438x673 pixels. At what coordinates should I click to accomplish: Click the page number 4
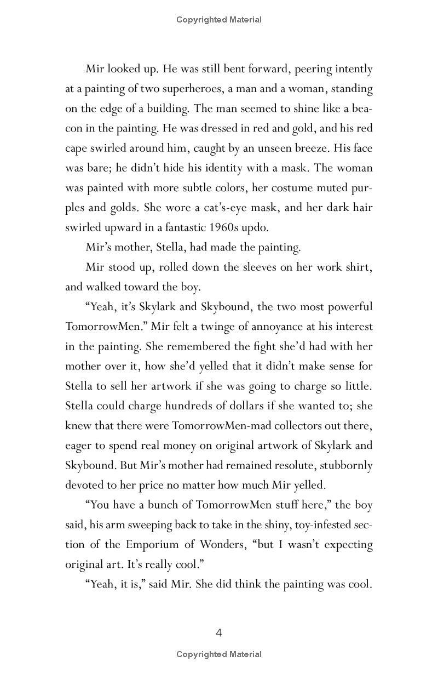pyautogui.click(x=219, y=633)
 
